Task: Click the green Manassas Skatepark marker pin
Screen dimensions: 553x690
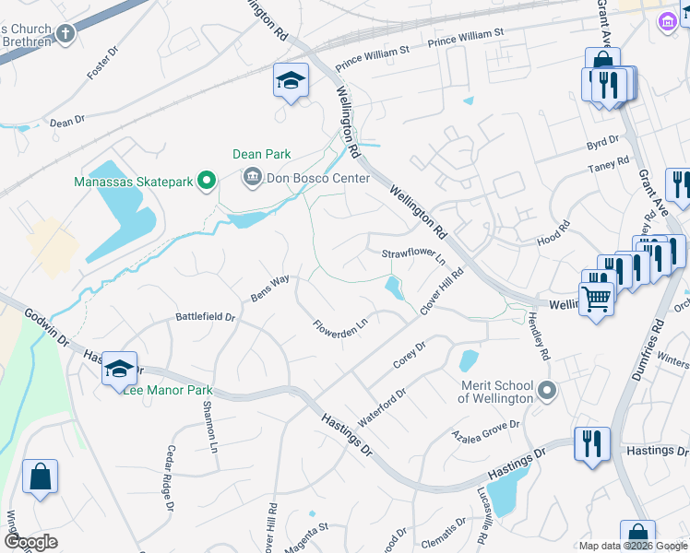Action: tap(207, 182)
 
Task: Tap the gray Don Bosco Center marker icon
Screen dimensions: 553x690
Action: tap(251, 178)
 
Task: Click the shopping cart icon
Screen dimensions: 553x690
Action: tap(597, 298)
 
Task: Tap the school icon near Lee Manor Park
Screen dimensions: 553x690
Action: tap(119, 369)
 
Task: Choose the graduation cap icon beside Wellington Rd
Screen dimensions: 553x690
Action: tap(291, 81)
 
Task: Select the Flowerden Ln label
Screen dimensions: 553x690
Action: tap(340, 326)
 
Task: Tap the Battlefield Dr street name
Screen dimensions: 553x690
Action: tap(206, 317)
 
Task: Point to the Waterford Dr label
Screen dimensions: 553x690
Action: tap(382, 407)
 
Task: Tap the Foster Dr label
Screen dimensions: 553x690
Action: tap(102, 64)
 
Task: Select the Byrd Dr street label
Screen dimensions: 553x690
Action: tap(601, 144)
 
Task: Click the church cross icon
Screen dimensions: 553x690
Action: tap(65, 34)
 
